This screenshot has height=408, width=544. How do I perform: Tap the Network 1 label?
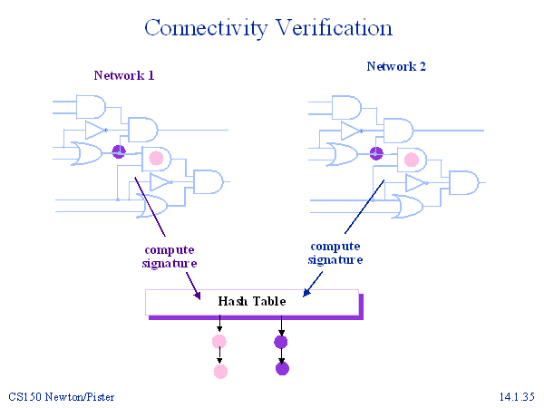(x=124, y=76)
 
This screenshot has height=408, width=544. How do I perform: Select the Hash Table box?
(x=252, y=301)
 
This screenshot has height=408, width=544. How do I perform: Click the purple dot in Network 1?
(x=117, y=151)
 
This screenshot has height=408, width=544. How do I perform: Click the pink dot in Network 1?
(x=156, y=159)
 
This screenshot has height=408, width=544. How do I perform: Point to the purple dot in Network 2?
(x=376, y=152)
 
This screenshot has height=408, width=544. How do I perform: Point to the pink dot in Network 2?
(x=411, y=160)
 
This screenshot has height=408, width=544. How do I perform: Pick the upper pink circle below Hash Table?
(x=219, y=342)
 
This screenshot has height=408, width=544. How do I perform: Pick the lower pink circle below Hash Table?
(x=219, y=371)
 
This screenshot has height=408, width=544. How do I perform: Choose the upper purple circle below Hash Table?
(x=281, y=342)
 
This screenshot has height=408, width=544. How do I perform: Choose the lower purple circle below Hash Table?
(x=282, y=368)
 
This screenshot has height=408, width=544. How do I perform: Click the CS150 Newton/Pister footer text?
(x=62, y=397)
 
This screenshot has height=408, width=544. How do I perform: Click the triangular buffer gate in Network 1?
(x=95, y=131)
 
